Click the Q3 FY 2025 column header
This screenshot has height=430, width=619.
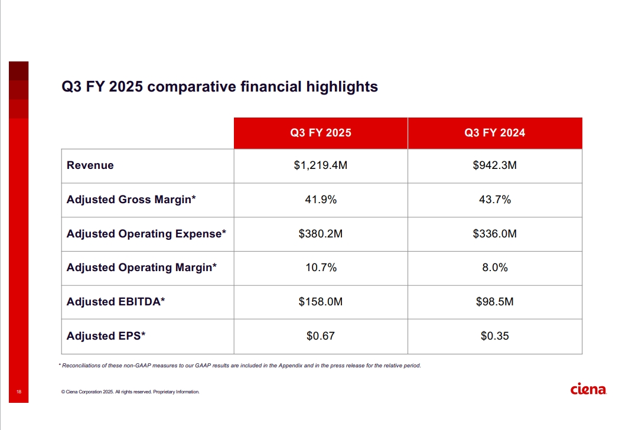320,133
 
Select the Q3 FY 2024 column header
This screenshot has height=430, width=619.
494,133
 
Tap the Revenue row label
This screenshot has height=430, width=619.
90,165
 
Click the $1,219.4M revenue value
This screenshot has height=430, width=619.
320,165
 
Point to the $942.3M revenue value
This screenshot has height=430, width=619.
494,165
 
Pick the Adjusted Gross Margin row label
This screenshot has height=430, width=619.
131,200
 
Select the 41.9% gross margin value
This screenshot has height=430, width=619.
320,200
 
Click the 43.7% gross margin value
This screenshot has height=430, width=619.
494,200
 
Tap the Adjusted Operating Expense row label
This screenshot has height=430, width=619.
146,234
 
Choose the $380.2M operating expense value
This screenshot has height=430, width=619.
320,234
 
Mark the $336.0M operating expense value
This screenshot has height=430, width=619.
494,234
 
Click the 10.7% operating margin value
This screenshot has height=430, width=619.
320,268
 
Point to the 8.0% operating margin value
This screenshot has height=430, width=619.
494,268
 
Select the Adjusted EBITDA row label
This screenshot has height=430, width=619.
116,302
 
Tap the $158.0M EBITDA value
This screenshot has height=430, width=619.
320,302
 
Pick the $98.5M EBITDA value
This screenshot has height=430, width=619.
494,302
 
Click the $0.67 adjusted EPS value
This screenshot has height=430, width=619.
320,336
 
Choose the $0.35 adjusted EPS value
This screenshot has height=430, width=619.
494,336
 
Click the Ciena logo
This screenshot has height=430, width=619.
588,389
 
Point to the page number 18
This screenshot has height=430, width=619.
19,392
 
